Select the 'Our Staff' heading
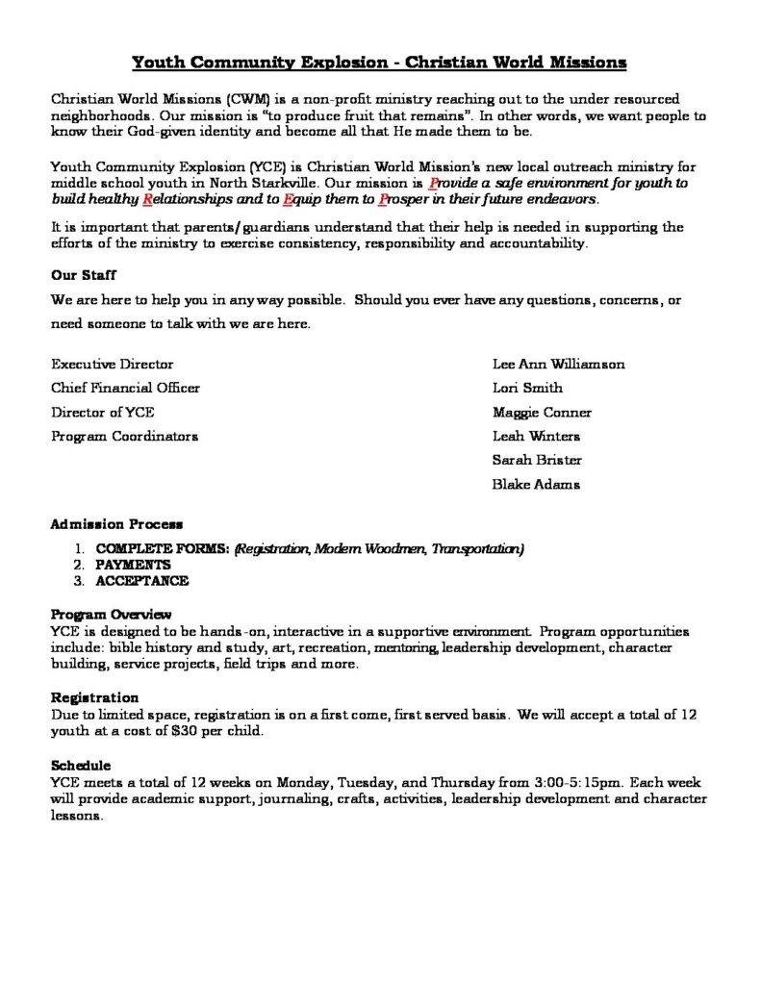tap(84, 274)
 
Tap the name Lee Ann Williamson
tap(558, 365)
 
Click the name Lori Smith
tap(527, 389)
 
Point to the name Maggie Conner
tap(541, 413)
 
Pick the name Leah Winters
tap(536, 437)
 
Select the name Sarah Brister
tap(537, 461)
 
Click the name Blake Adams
tap(536, 485)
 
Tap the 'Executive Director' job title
tap(113, 365)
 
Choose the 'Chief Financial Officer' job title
tap(126, 389)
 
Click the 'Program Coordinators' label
tap(124, 437)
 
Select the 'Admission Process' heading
tap(116, 525)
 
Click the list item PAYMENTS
tap(133, 566)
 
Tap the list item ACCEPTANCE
tap(141, 581)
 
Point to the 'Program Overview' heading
tap(111, 615)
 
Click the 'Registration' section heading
tap(94, 697)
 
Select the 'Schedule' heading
tap(81, 765)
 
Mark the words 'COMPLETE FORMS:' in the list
tap(162, 549)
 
